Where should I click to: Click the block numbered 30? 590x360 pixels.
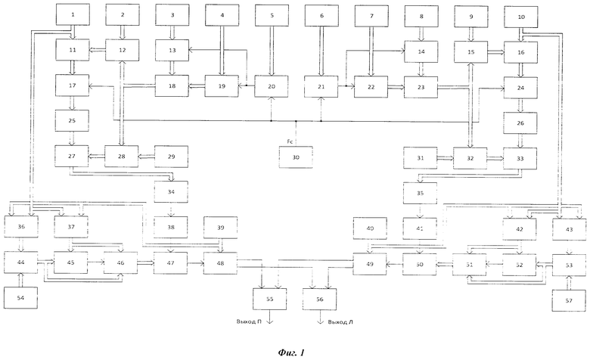pos(296,157)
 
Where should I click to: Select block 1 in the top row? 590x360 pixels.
pos(73,14)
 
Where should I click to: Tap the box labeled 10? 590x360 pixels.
pos(521,17)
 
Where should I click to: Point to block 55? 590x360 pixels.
pos(270,299)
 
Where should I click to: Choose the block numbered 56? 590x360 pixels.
pos(320,299)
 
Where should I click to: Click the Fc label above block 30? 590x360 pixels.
pos(290,142)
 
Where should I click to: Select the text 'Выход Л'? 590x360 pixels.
pos(340,322)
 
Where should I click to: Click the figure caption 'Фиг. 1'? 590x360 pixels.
pos(291,352)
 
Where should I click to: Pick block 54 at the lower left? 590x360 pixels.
pos(20,297)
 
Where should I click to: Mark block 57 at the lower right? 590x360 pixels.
pos(569,300)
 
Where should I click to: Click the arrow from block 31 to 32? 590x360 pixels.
pos(445,158)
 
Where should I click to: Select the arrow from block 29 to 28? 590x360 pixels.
pos(147,157)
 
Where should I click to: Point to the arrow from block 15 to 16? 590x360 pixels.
pos(496,52)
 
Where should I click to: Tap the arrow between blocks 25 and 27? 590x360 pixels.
pos(73,138)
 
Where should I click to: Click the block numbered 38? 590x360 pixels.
pos(171,227)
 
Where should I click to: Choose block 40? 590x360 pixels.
pos(370,228)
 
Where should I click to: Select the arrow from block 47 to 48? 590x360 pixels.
pos(196,263)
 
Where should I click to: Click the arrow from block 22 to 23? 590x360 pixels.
pos(396,87)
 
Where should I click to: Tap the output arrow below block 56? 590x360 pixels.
pos(320,317)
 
